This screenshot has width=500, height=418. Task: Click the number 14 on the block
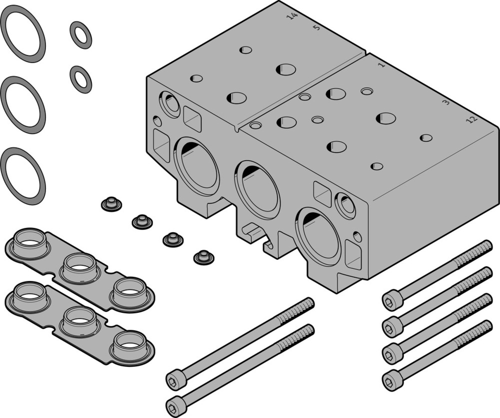pos(292,17)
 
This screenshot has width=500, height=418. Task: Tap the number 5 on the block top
pos(316,28)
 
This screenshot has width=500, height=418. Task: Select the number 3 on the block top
pos(446,103)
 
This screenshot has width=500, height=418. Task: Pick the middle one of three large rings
pos(23,104)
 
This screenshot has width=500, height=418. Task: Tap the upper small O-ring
pos(80,35)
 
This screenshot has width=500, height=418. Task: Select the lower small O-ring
pos(80,79)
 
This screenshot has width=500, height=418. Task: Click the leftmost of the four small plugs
pos(111,204)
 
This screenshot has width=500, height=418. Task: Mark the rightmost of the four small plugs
pos(203,257)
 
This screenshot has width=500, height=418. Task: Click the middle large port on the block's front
pos(258,189)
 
